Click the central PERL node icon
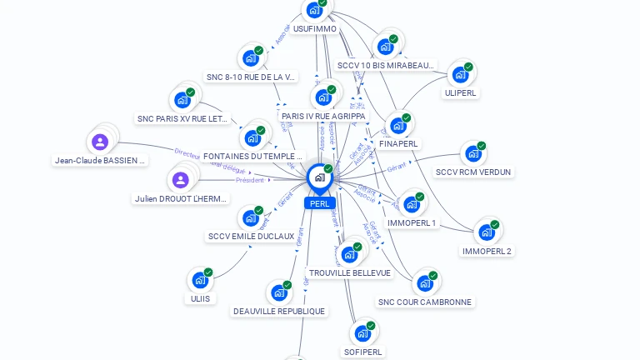pos(319,177)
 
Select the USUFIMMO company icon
pos(314,10)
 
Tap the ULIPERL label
pos(460,92)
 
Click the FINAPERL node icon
pos(398,126)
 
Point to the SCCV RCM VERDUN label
pos(473,172)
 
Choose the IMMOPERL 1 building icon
pos(411,204)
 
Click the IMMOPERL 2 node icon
pos(486,232)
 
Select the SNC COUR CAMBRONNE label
pos(424,302)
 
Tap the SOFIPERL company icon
pos(362,334)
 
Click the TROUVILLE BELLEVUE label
pos(349,272)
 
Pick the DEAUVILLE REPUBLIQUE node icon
pos(278,293)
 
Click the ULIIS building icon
pos(200,280)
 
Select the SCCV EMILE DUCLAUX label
pos(251,236)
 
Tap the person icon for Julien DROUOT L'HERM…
pos(181,180)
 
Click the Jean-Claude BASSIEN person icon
pos(100,142)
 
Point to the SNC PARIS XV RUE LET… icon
pos(182,100)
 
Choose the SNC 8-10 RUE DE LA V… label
pos(251,77)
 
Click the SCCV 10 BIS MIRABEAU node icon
pos(385,47)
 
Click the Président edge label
pos(249,180)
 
